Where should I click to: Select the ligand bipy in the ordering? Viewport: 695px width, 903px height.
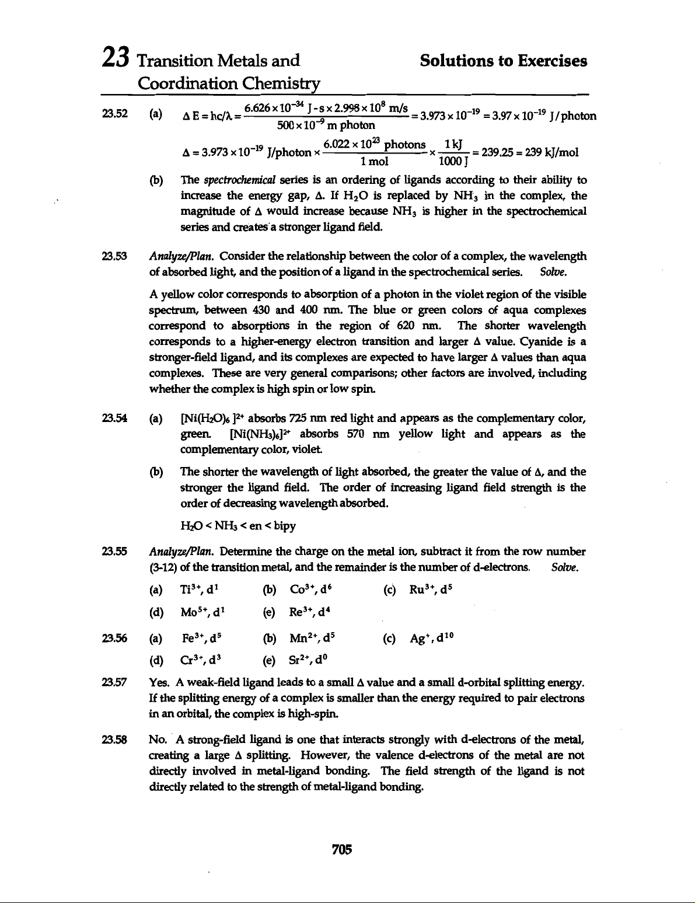tap(284, 527)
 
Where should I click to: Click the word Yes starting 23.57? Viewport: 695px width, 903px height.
tap(159, 683)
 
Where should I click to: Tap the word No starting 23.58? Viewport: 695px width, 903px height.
tap(158, 741)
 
